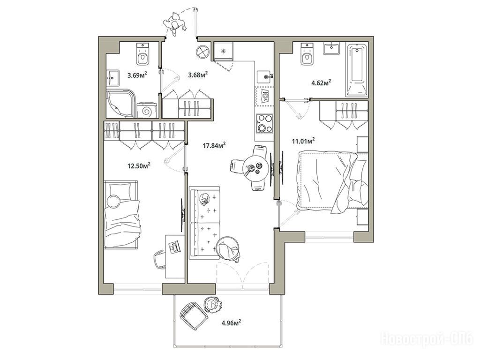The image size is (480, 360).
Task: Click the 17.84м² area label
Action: point(214,145)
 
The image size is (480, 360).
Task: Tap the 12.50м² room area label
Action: point(139,165)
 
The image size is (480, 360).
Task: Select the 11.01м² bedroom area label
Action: point(303,141)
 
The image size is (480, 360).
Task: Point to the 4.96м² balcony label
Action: point(231,322)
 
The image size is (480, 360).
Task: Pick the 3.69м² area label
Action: point(137,75)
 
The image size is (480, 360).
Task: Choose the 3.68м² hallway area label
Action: point(198,75)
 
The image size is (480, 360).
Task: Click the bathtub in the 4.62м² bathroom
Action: point(357,70)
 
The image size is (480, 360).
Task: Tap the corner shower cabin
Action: point(120,104)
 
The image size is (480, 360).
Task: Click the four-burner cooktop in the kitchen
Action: point(264,123)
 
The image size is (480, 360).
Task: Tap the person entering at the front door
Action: point(175,24)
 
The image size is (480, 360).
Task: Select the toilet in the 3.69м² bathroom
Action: point(142,54)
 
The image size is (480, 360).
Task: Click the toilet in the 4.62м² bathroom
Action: point(307,54)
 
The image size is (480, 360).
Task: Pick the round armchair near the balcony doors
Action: point(228,248)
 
